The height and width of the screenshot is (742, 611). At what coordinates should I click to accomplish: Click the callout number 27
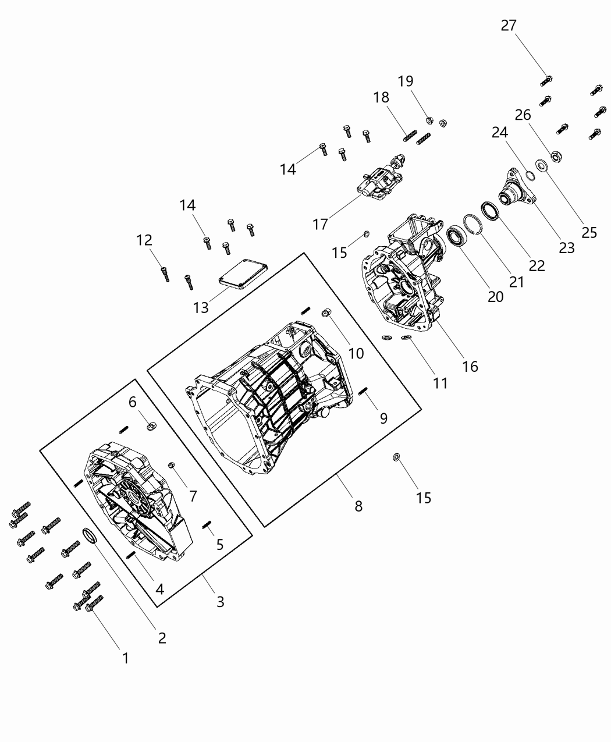508,26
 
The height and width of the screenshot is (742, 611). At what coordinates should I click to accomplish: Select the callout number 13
201,307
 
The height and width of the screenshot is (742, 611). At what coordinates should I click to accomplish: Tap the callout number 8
358,506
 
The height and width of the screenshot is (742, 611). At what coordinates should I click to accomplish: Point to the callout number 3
220,601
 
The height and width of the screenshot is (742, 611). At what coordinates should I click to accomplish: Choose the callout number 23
566,247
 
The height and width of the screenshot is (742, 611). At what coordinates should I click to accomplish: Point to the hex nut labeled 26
555,156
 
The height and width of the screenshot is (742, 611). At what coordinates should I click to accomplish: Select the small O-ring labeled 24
530,176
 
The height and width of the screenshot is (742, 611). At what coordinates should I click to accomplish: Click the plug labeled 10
326,314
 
